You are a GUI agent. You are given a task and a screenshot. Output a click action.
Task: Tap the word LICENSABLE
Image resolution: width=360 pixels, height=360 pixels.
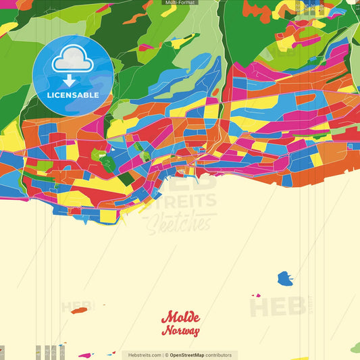click(72, 95)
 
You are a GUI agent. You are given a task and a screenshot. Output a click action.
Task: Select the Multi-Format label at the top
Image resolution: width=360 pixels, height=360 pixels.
click(180, 3)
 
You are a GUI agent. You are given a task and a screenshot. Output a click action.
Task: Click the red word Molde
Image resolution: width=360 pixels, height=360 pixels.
click(181, 318)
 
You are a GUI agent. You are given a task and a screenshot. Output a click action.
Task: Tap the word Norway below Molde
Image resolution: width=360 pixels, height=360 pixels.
click(180, 331)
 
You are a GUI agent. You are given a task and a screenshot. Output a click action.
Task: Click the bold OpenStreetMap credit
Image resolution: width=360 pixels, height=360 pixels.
click(192, 355)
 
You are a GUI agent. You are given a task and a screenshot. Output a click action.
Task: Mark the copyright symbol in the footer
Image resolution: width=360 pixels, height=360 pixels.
click(165, 355)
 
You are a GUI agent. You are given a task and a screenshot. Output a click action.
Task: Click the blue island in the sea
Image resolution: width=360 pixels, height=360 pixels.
click(284, 278)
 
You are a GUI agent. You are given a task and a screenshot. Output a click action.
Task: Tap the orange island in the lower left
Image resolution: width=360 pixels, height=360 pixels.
click(79, 311)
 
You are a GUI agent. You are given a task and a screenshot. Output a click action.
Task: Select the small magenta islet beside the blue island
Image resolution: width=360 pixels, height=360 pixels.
click(256, 295)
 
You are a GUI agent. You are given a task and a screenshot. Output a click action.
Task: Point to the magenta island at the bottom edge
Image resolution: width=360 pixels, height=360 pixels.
click(85, 355)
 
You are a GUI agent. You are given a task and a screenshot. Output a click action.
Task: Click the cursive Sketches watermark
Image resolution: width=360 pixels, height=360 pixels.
click(179, 221)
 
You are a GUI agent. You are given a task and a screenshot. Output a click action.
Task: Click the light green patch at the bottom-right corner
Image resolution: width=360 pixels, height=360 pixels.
click(355, 347)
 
